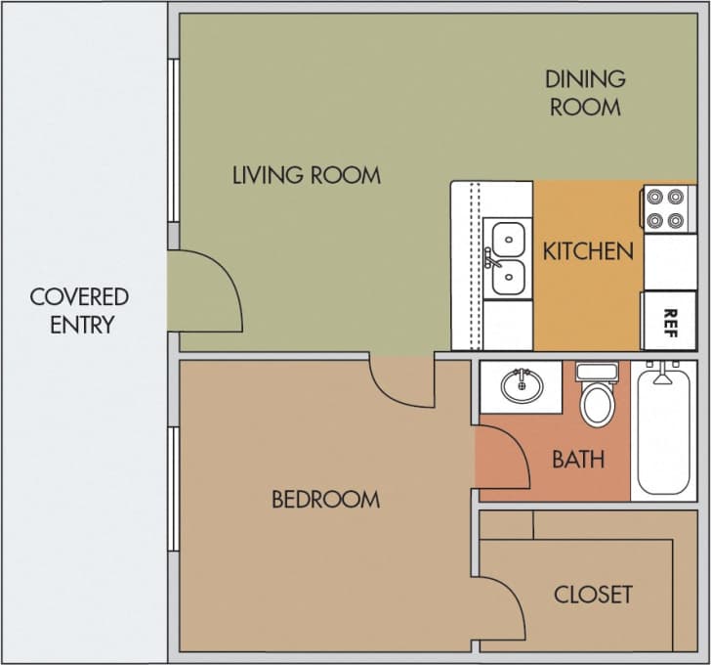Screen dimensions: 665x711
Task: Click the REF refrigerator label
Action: [x=670, y=320]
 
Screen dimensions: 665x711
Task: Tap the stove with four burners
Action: [x=668, y=208]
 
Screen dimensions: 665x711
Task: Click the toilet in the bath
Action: [x=596, y=394]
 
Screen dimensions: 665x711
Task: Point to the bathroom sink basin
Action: [x=523, y=385]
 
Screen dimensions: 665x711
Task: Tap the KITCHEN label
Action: [x=588, y=250]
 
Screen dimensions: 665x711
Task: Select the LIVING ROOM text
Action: [x=306, y=176]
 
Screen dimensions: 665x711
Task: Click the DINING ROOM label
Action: [x=585, y=93]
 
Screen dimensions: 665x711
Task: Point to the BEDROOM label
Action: [x=325, y=500]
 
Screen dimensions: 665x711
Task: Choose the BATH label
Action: [x=578, y=459]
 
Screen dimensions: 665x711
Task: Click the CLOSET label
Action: [x=593, y=594]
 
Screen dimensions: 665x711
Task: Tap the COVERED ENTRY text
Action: [x=79, y=310]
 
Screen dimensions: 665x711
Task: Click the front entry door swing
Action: [x=207, y=290]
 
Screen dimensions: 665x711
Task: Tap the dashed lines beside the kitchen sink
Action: [x=475, y=264]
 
